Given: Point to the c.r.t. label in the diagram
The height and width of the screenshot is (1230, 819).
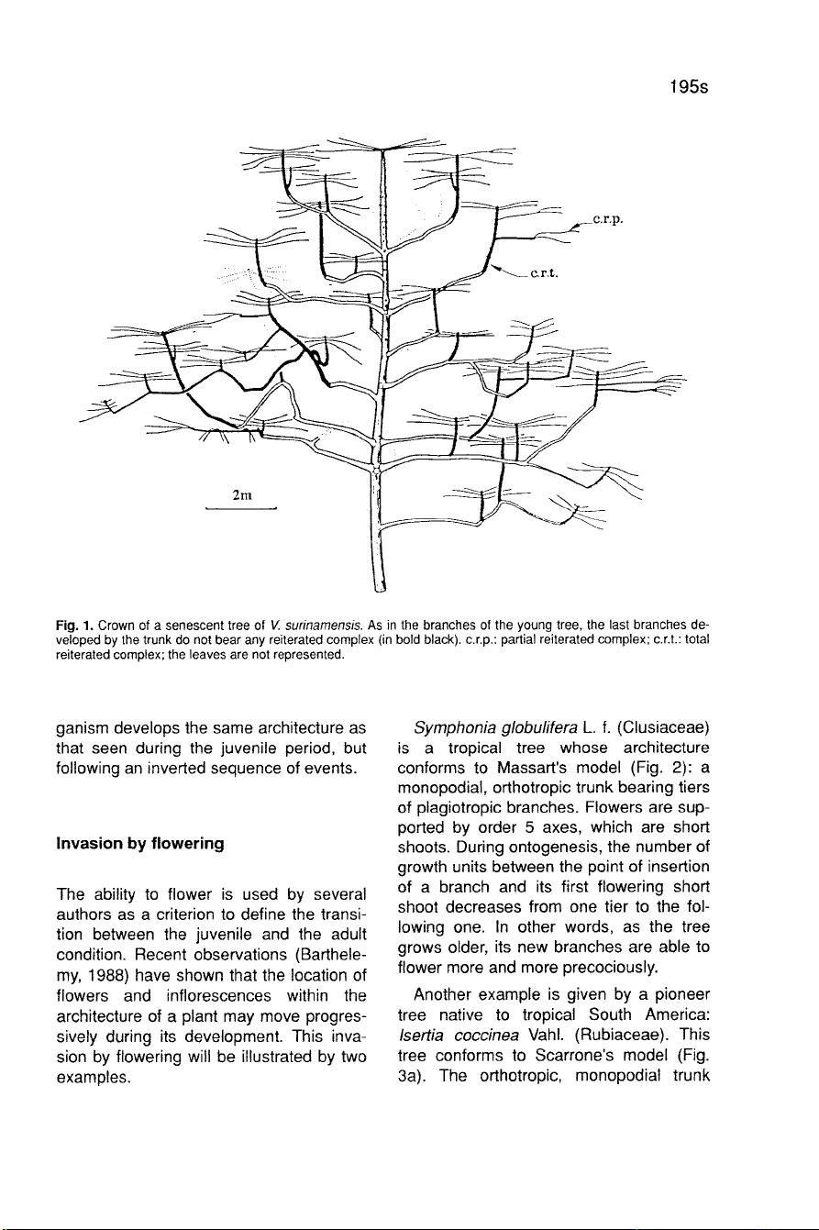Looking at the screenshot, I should (547, 272).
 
